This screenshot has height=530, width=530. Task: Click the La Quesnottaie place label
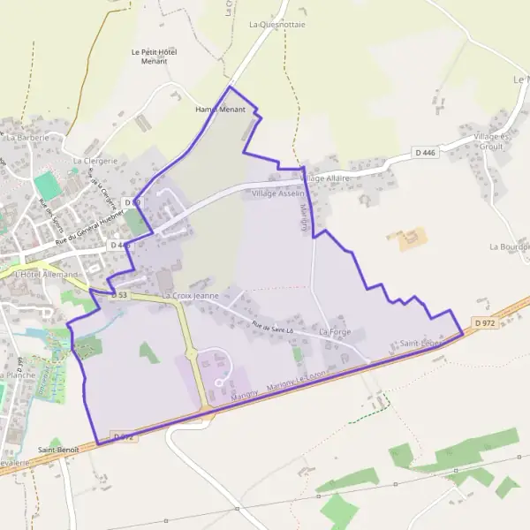point(277,25)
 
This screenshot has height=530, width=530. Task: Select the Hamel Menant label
point(219,110)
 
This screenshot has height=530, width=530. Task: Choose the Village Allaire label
point(325,178)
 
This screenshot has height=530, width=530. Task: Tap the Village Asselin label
point(277,193)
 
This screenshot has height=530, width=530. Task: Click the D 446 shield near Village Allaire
point(426,153)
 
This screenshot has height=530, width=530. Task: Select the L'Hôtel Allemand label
point(46,276)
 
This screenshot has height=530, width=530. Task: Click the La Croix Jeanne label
point(190,295)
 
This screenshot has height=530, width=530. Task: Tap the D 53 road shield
point(120,295)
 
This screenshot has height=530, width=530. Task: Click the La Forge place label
point(336,332)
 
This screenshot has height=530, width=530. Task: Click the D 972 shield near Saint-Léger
point(483,323)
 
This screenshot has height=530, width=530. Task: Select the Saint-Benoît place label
point(58,450)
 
